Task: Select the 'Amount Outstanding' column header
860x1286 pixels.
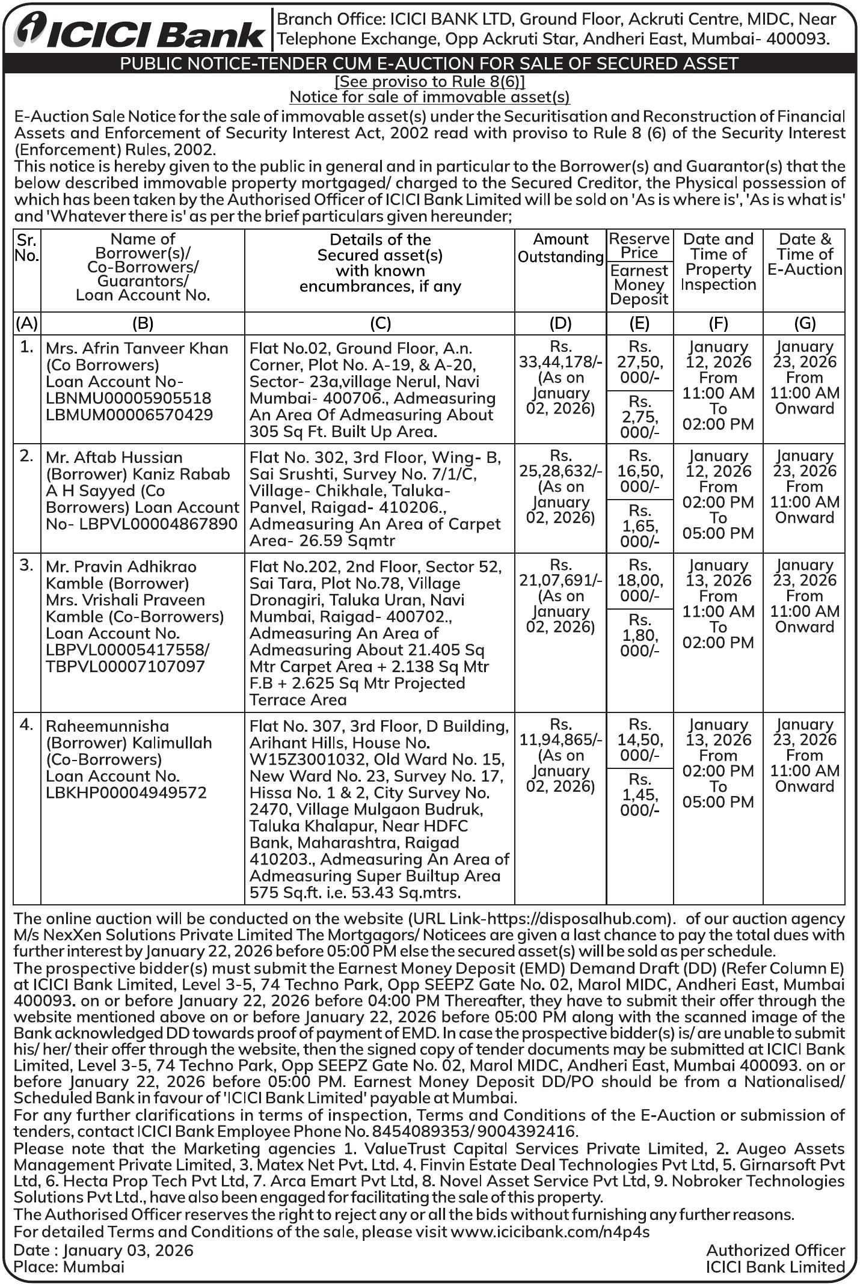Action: [561, 248]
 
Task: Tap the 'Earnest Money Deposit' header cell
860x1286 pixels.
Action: [639, 285]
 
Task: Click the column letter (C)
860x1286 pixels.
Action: [380, 323]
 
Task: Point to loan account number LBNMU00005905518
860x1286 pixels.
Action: [129, 398]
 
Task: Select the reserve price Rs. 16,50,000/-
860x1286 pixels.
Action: [639, 471]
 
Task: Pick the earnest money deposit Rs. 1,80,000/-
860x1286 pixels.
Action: [639, 635]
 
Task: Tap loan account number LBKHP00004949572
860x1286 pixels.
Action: [126, 792]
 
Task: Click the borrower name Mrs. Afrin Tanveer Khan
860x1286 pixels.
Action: [137, 349]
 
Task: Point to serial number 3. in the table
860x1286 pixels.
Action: [26, 566]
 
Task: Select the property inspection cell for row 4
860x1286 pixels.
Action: [718, 763]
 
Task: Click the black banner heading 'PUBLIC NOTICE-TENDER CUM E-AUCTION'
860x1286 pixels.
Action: [429, 64]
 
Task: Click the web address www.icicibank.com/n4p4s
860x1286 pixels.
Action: [550, 1231]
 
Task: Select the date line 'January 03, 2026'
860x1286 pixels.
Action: [128, 1251]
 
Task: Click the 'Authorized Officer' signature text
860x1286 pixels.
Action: [775, 1251]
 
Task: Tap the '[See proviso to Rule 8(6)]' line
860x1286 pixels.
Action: [429, 81]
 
